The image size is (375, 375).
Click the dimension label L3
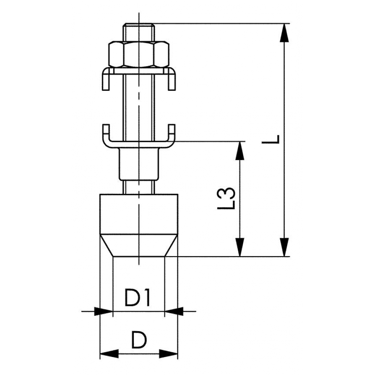226,198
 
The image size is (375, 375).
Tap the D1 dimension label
137,297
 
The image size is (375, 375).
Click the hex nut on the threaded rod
139,54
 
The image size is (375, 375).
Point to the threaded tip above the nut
139,32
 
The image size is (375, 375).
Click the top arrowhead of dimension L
284,33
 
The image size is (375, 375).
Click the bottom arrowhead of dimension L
284,247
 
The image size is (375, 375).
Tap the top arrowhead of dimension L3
240,151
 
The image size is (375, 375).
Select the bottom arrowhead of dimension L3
240,247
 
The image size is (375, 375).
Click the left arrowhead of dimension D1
103,311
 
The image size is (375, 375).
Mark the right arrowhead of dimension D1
174,311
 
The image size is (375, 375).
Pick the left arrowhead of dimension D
109,354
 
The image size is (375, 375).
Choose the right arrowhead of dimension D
169,354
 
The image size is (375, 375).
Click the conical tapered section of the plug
139,245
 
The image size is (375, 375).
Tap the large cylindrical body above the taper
139,214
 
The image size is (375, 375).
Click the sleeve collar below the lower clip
139,164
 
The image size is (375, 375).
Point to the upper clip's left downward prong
106,80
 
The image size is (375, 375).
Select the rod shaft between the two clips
139,107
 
